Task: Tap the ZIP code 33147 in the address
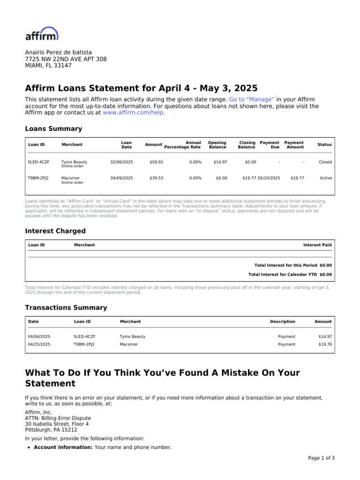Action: (x=63, y=66)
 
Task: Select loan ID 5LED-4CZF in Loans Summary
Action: (x=38, y=162)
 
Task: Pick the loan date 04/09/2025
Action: (x=122, y=178)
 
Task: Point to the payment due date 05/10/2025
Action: (x=269, y=178)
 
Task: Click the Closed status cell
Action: (x=325, y=162)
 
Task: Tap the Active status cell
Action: (x=325, y=178)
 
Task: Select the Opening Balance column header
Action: (x=217, y=145)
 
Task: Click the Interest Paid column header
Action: (x=317, y=245)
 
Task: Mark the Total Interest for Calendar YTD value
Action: (x=325, y=274)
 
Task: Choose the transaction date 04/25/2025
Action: (x=39, y=344)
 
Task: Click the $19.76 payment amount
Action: (x=325, y=344)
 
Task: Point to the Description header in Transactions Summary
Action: (x=283, y=322)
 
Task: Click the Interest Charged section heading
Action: (x=55, y=231)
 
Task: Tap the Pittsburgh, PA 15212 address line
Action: (x=51, y=429)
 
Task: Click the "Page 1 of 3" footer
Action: (x=321, y=458)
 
